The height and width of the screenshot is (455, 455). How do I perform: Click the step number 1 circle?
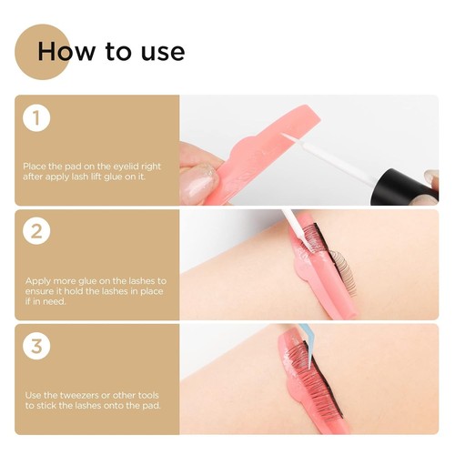(36, 118)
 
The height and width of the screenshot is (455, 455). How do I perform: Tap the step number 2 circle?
(36, 231)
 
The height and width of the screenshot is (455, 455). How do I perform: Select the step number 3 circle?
(36, 345)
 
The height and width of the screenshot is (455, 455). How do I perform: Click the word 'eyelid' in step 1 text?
(131, 167)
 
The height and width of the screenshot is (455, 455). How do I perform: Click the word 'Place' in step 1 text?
(34, 167)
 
